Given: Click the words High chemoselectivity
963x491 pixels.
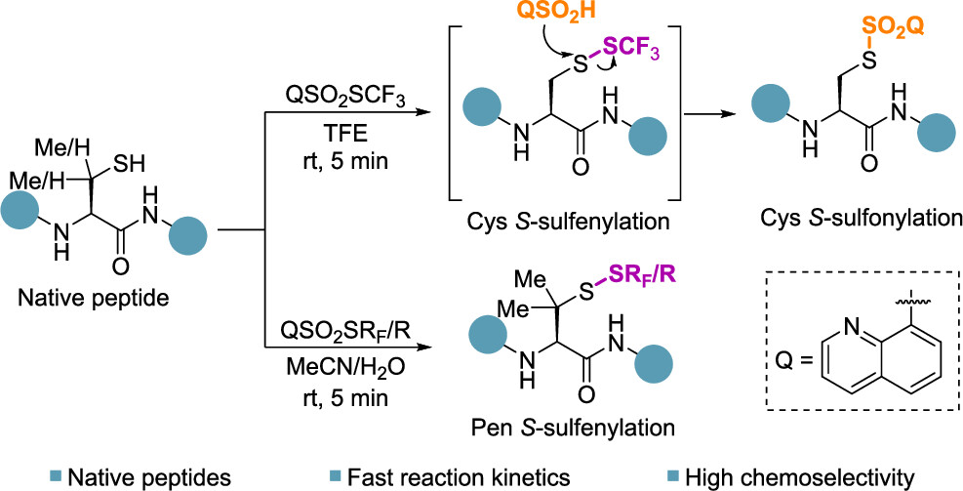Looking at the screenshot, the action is [800, 475].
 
